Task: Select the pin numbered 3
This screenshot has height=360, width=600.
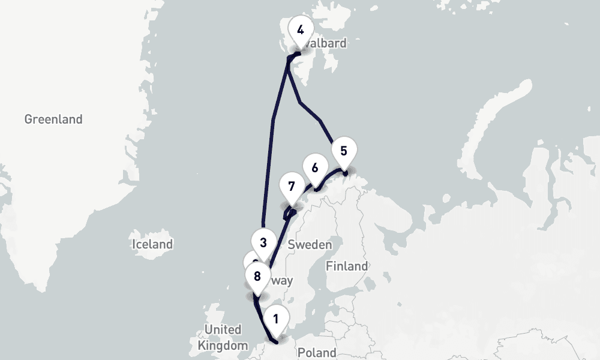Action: (x=263, y=243)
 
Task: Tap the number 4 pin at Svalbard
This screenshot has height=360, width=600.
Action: (x=300, y=30)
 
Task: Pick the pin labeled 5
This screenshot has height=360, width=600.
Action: (x=343, y=151)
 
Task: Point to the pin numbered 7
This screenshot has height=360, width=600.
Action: (x=292, y=186)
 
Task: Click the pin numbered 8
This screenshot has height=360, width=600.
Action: (x=257, y=277)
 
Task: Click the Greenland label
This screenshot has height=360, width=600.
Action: (x=53, y=119)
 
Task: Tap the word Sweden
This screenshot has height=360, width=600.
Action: (x=310, y=244)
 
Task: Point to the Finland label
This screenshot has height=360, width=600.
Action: (x=346, y=266)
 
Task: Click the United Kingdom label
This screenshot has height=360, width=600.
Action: (x=222, y=338)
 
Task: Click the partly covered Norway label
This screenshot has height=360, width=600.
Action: (x=282, y=281)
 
